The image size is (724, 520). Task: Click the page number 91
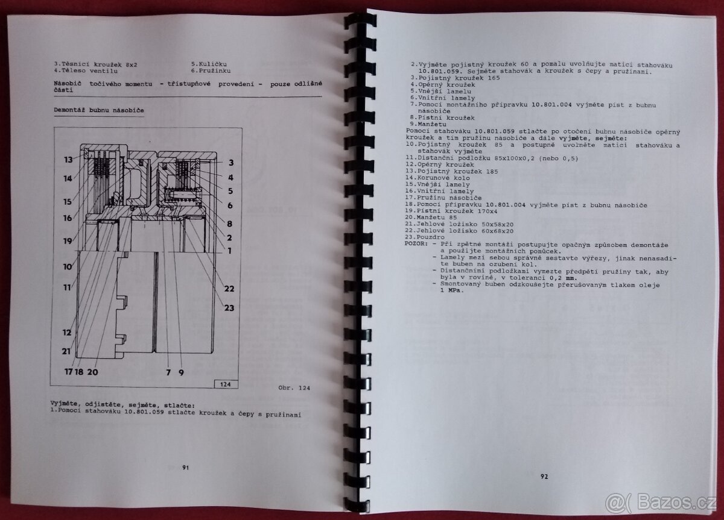[186, 468]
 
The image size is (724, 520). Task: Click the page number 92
[544, 477]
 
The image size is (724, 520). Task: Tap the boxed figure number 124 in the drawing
[225, 384]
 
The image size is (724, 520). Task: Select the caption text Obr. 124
[294, 387]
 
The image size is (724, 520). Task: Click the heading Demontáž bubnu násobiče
[99, 110]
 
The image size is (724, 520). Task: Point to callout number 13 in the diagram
[68, 160]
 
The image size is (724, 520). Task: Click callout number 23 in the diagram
[229, 308]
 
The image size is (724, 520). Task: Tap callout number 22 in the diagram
[229, 289]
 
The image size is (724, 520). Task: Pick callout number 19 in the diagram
[68, 241]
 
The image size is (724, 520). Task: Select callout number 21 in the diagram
[66, 351]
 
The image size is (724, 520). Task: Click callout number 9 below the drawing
[182, 372]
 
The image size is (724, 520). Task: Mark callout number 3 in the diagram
[231, 163]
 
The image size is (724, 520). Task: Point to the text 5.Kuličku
[209, 64]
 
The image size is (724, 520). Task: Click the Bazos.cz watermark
[660, 503]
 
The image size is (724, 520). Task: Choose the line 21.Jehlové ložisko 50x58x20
[459, 224]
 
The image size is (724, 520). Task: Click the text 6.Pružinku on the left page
[211, 70]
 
